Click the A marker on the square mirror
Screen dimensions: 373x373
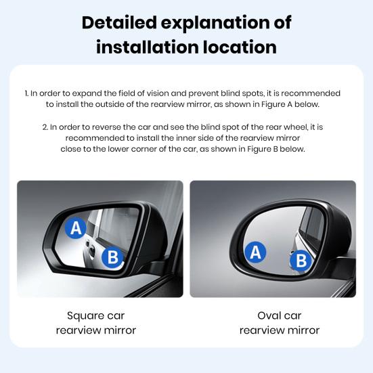click(x=76, y=228)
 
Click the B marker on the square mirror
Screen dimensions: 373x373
click(x=113, y=257)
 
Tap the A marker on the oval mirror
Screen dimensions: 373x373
click(x=255, y=253)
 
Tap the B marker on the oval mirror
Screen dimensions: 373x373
click(x=301, y=260)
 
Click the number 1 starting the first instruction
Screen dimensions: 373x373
click(x=26, y=93)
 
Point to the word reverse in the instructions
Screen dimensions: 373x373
click(x=120, y=126)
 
